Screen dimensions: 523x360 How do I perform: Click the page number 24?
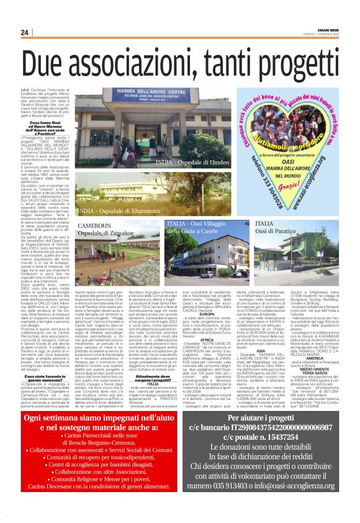pos(25,33)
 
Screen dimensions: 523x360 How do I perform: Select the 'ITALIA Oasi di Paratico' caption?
pos(278,227)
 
